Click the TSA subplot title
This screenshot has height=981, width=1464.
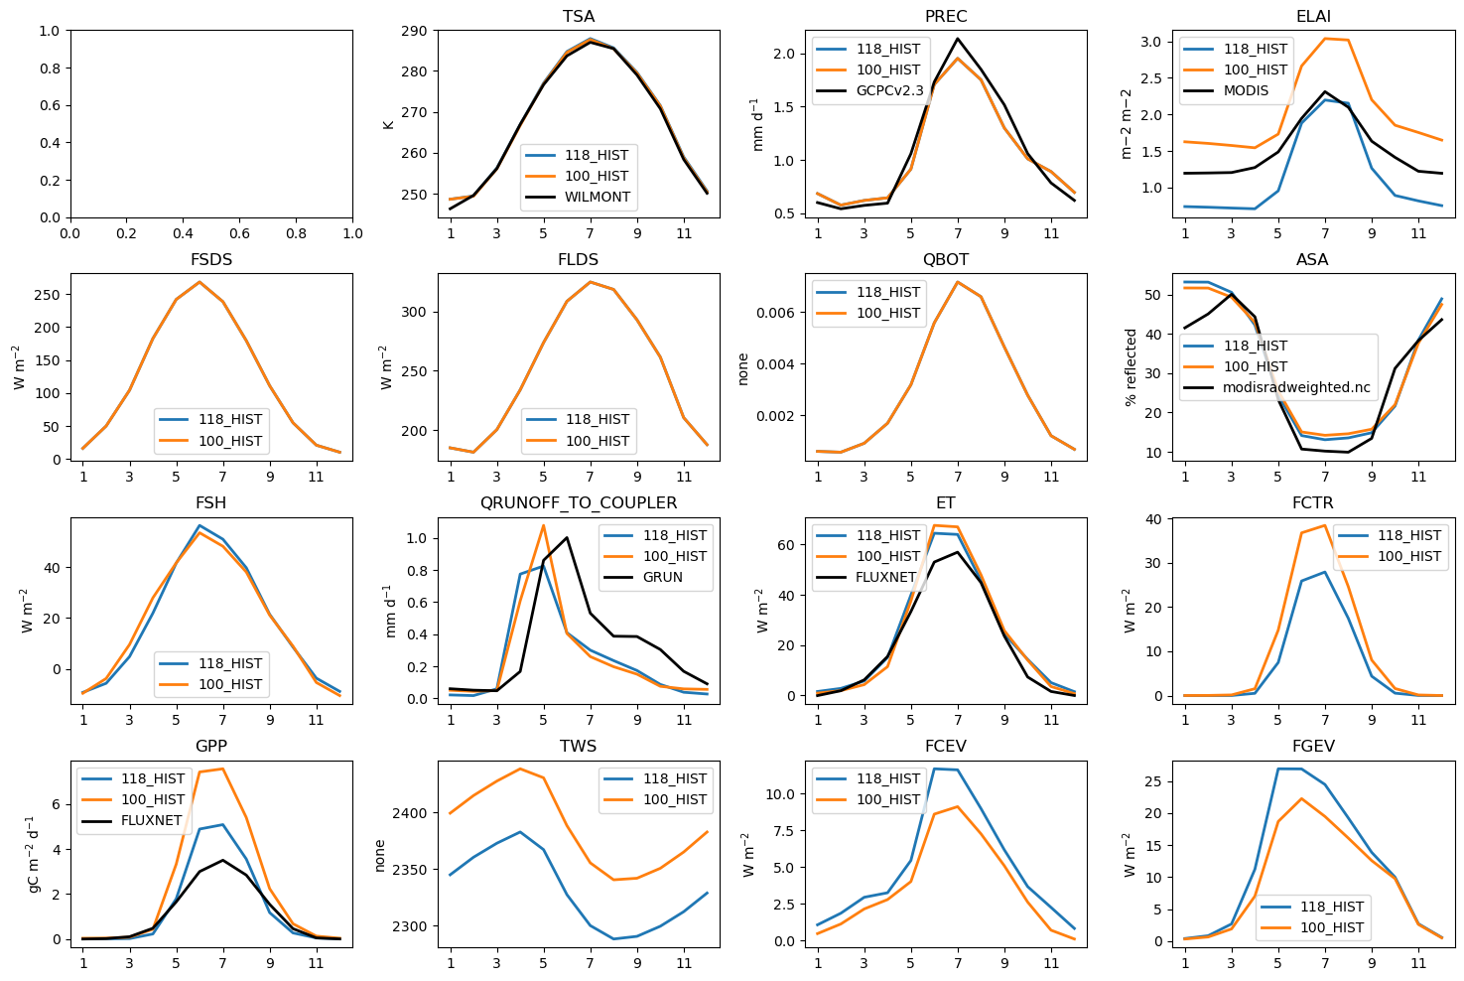coord(579,16)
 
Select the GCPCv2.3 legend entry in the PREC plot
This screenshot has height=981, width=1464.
coord(888,90)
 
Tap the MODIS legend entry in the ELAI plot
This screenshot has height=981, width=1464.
coord(1246,90)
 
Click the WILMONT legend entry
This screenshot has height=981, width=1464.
coord(598,197)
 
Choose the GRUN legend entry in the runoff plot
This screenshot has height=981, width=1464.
coord(662,577)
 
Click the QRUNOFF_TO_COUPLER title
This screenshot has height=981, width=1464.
coord(579,502)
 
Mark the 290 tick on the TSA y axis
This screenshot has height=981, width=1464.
coord(416,31)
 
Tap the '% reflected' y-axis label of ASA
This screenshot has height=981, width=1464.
coord(1131,367)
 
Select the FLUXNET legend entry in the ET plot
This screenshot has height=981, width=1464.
coord(885,577)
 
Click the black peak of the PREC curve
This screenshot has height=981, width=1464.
coord(958,39)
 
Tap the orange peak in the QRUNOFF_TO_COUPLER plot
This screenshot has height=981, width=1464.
coord(543,525)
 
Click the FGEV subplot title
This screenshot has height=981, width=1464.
coord(1313,746)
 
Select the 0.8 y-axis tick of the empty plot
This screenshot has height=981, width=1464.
coord(49,69)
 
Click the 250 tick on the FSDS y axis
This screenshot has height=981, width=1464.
coord(46,295)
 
